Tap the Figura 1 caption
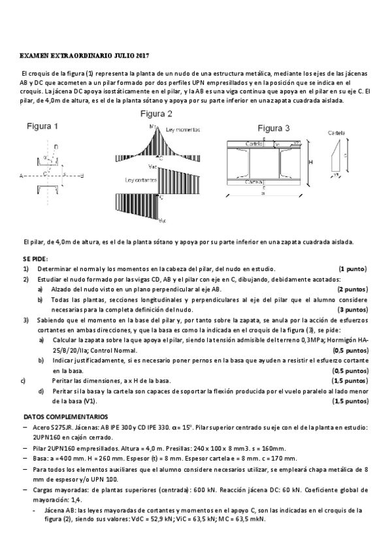coord(42,126)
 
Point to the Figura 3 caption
coord(273,127)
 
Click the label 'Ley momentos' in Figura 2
coord(183,129)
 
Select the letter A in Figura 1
coord(22,176)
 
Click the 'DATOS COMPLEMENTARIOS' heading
coord(66,416)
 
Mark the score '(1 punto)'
coord(352,269)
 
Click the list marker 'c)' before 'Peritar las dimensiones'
coord(24,380)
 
